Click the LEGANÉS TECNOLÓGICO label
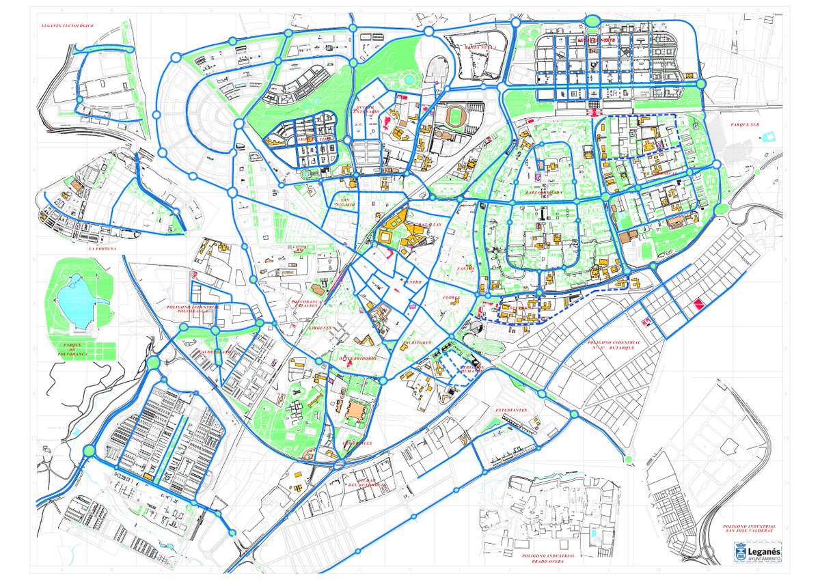pyautogui.click(x=67, y=26)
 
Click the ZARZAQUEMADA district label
pyautogui.click(x=543, y=193)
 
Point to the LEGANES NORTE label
pyautogui.click(x=597, y=40)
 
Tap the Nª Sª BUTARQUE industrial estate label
pyautogui.click(x=613, y=345)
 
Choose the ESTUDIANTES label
pyautogui.click(x=511, y=410)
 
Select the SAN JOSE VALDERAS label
pyautogui.click(x=750, y=529)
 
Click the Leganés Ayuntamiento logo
pyautogui.click(x=758, y=552)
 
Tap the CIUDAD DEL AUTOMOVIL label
pyautogui.click(x=368, y=482)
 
